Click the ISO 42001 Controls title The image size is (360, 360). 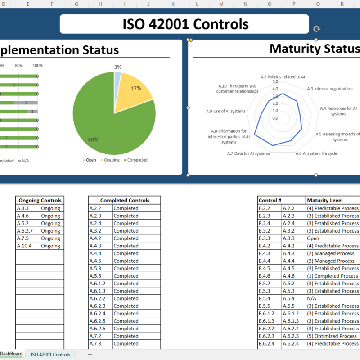(185, 24)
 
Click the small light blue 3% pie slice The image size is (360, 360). (117, 78)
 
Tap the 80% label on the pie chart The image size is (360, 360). (93, 139)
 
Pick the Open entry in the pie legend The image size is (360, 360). (90, 160)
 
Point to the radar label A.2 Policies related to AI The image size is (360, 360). (283, 77)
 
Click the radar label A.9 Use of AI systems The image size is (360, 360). (226, 111)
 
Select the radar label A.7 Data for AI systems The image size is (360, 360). (249, 153)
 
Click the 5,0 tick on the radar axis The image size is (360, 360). (275, 82)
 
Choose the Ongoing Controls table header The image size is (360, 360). (40, 200)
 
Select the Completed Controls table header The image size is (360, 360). (124, 200)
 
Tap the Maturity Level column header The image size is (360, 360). (324, 200)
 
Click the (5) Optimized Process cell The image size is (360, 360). (332, 336)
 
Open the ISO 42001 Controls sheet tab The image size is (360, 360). (50, 355)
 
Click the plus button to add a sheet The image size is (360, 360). (90, 355)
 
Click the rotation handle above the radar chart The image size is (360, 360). (317, 29)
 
